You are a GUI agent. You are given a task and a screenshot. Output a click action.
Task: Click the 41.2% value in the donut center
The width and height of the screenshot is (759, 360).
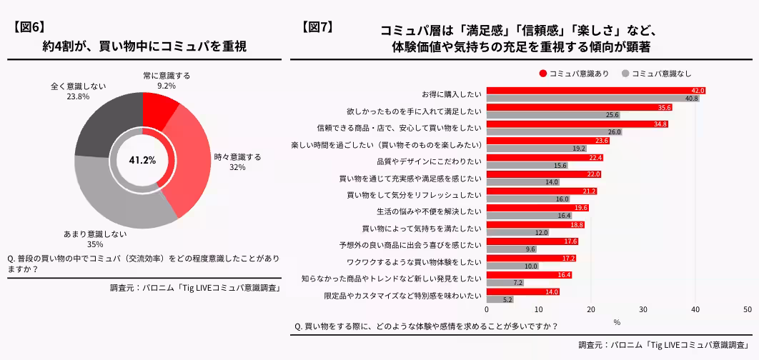pos(142,160)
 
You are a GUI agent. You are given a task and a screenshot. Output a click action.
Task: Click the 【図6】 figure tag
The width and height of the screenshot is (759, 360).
pos(29,27)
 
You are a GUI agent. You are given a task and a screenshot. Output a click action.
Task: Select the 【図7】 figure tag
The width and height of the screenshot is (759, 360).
pos(317,27)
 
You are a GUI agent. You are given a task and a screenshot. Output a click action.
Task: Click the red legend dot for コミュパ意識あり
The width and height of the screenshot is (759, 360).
pos(543,74)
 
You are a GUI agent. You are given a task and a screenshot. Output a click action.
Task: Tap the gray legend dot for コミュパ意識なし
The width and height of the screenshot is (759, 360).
pos(625,74)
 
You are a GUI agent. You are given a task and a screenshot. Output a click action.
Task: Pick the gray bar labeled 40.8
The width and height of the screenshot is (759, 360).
pos(593,99)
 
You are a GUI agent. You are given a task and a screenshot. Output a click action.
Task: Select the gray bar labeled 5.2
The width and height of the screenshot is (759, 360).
pos(500,299)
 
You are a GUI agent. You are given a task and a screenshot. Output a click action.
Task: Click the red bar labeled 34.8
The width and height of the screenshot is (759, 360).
pos(577,124)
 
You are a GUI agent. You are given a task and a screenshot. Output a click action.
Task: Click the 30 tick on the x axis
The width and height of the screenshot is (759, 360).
pos(643,310)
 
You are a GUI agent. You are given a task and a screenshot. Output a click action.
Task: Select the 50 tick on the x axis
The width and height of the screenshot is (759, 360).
pos(747,310)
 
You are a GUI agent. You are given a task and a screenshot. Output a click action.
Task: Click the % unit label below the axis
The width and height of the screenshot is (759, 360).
pos(617,321)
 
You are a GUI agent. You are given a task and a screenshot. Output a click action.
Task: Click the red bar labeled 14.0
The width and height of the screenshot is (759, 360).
pos(523,291)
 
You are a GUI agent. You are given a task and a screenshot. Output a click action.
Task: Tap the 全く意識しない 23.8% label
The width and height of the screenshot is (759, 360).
pos(78,91)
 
